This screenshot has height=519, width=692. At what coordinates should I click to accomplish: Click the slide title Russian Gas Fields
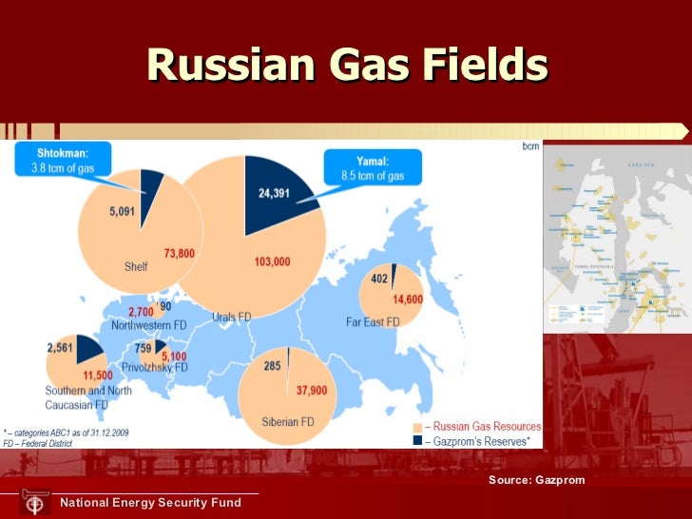click(x=347, y=66)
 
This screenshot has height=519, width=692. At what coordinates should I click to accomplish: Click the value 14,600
click(x=411, y=299)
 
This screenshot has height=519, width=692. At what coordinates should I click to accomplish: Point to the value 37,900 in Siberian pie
click(x=312, y=390)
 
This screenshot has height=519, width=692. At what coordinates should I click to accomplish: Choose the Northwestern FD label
click(x=147, y=325)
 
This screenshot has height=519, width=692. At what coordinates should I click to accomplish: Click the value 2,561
click(x=60, y=348)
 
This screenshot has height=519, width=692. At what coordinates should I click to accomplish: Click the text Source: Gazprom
click(x=537, y=480)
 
